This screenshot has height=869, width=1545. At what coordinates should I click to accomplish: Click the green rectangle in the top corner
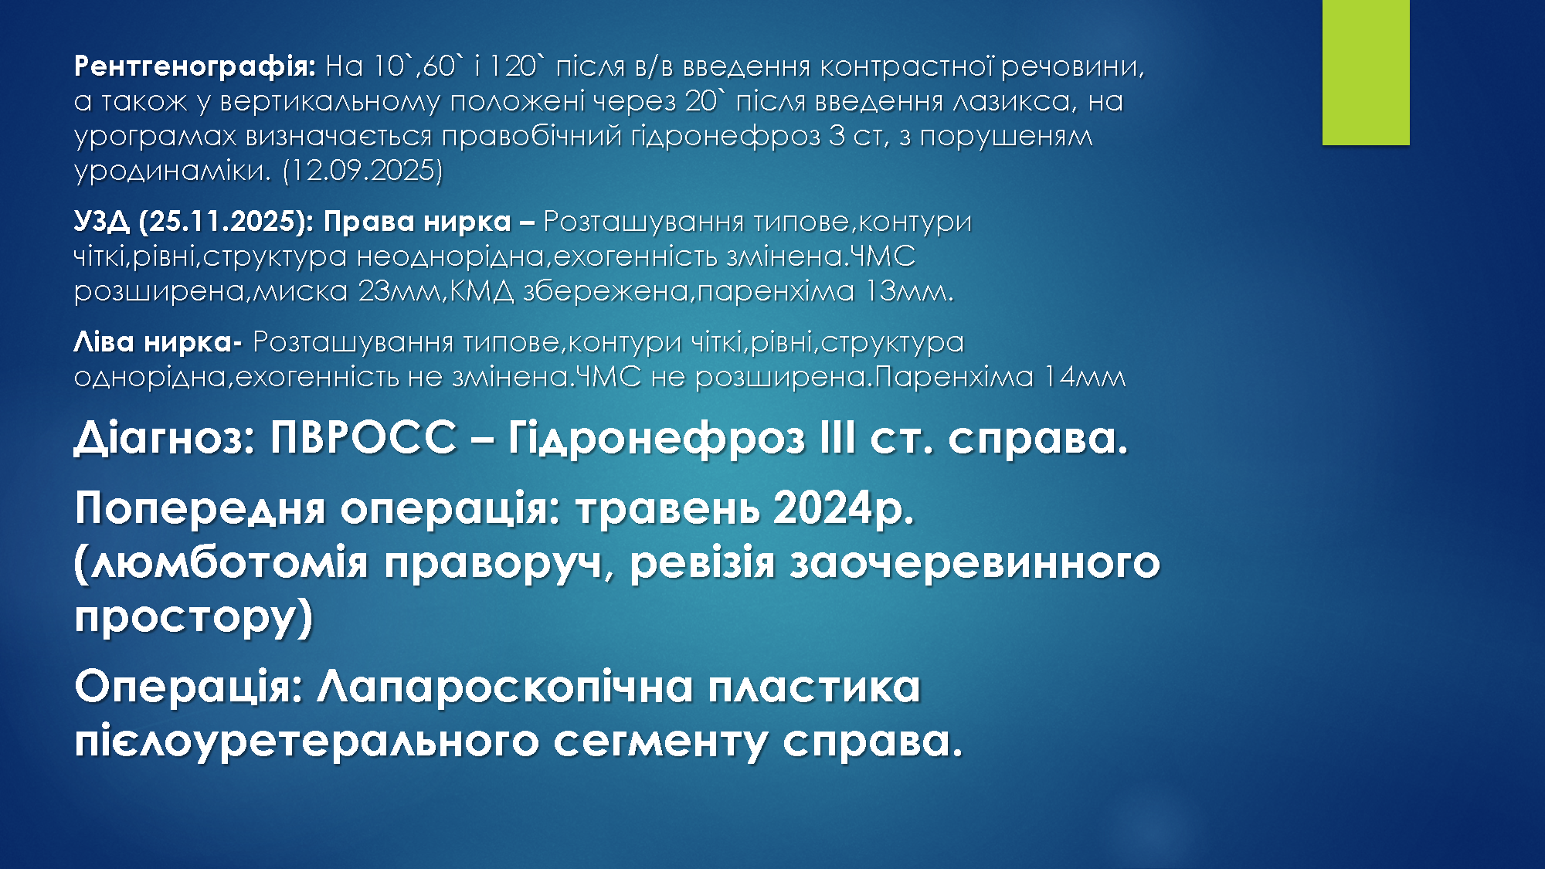tap(1366, 72)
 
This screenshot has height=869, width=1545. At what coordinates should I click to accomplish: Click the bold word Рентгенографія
tap(195, 67)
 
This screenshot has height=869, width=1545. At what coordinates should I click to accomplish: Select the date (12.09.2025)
tap(362, 170)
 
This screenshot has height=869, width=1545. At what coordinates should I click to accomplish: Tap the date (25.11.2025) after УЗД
tap(226, 222)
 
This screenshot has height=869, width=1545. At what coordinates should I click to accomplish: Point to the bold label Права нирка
tap(417, 222)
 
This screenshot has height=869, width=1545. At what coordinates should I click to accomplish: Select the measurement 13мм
tap(908, 291)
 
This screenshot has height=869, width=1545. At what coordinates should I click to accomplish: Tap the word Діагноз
tap(165, 438)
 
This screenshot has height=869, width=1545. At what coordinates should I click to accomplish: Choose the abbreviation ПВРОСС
tap(363, 438)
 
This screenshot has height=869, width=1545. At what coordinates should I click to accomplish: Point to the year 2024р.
tap(844, 509)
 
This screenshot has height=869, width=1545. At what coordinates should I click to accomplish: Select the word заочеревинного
tap(975, 562)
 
